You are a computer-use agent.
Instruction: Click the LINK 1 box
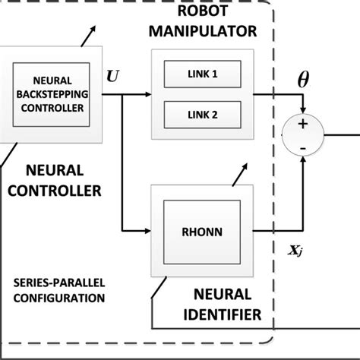202,75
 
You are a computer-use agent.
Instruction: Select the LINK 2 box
202,115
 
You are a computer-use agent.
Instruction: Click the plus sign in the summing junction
303,125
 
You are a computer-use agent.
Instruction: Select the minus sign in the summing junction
303,148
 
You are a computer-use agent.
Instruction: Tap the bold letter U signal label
113,76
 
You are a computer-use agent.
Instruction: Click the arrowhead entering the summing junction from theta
303,111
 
